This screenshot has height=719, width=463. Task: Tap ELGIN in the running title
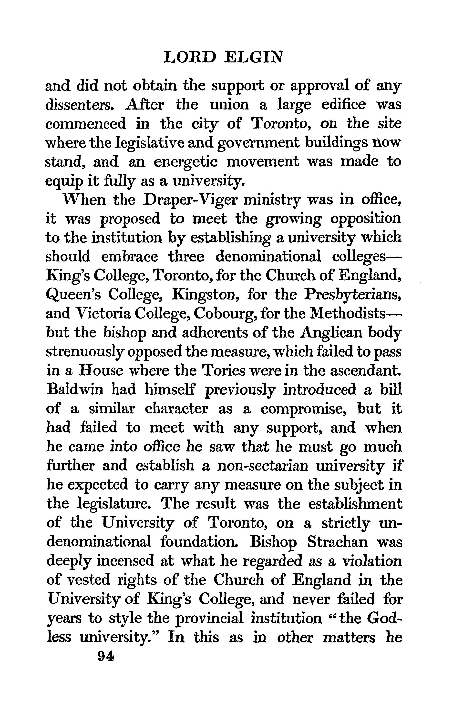(254, 57)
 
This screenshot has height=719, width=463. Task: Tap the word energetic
(185, 162)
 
